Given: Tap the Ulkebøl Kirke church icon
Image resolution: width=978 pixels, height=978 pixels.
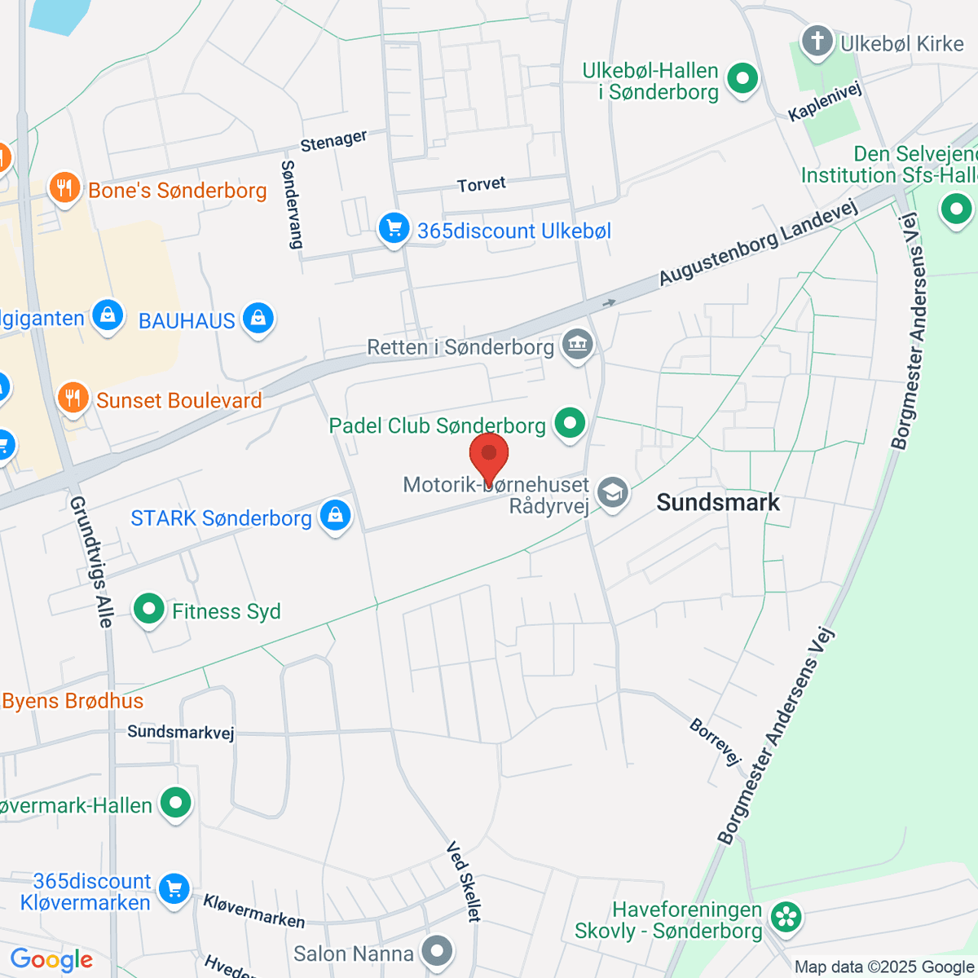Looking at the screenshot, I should [x=817, y=41].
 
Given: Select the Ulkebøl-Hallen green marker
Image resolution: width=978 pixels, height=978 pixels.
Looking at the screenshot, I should [x=742, y=80].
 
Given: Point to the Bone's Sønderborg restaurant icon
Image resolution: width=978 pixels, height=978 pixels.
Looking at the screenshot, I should [x=64, y=188].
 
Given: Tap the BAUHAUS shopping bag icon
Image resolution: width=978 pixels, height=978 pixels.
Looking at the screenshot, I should [x=258, y=319].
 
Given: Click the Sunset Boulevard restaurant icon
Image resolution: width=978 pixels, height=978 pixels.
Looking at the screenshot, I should [x=73, y=398].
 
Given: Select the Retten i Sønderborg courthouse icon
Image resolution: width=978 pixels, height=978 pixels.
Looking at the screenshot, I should [x=578, y=345].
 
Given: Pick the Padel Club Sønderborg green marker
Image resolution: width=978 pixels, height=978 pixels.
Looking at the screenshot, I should [x=570, y=423].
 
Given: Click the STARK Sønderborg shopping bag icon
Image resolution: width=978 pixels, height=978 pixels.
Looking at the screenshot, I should [x=335, y=516].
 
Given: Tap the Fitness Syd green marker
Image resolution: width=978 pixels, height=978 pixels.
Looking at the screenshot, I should [x=148, y=609].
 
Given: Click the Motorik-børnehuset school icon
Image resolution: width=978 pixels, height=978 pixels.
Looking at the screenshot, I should [x=612, y=492].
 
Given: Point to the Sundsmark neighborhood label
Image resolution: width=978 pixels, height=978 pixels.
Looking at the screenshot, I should [x=718, y=502].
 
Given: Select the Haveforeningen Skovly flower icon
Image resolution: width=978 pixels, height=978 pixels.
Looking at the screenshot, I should [x=786, y=917].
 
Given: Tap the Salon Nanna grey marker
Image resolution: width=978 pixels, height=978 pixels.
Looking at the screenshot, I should [x=438, y=951].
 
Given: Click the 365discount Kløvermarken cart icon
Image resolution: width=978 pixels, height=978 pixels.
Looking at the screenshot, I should [x=174, y=889].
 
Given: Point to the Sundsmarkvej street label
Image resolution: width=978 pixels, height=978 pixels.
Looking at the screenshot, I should [x=181, y=732].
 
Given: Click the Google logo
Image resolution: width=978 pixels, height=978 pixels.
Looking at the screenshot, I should [x=51, y=959].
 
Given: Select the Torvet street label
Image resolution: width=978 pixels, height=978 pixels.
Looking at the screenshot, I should [x=482, y=185].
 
